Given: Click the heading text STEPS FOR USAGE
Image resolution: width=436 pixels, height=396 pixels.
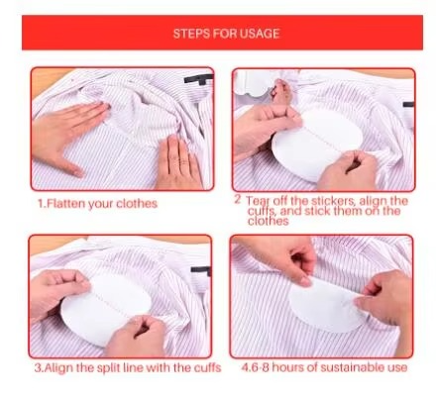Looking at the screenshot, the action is [226, 34].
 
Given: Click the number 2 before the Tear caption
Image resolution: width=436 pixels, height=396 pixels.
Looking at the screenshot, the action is [238, 199].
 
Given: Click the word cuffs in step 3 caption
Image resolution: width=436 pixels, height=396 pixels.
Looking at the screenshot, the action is [207, 368].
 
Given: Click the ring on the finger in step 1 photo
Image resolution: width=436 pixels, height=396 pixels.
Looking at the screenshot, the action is [182, 162].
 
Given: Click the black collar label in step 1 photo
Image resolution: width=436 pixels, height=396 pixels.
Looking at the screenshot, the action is [199, 79].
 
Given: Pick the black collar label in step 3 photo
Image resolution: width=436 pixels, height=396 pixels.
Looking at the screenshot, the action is [200, 270].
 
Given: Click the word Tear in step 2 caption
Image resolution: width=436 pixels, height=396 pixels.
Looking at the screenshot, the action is [259, 201].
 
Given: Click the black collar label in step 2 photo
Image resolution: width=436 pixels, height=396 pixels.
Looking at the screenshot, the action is [408, 105].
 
